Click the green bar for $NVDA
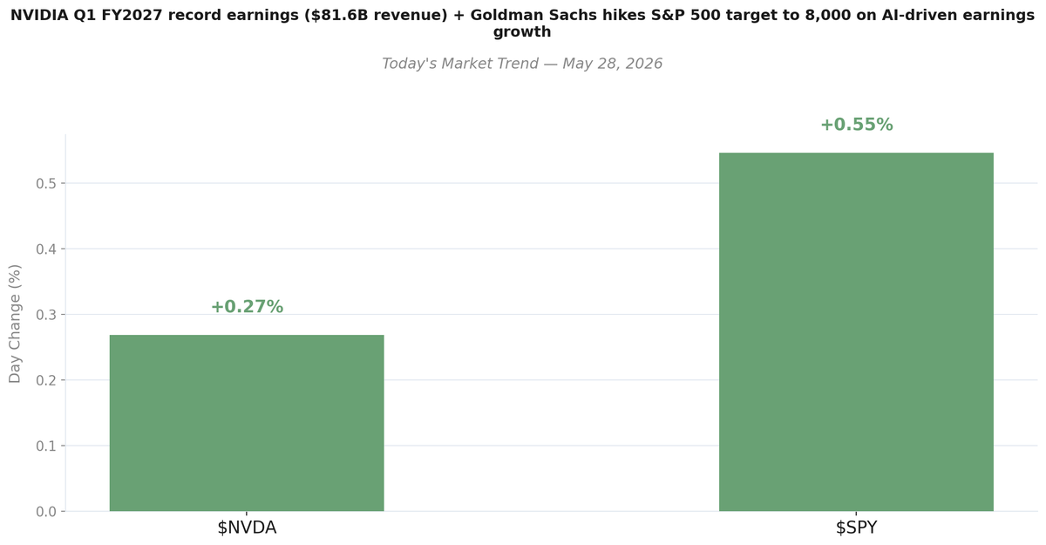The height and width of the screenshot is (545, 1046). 247,423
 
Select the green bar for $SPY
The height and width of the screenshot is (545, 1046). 856,331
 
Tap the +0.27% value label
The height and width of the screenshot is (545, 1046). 247,307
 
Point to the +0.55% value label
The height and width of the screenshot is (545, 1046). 856,125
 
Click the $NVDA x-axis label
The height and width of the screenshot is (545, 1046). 247,528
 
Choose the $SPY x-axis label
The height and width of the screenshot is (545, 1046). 856,528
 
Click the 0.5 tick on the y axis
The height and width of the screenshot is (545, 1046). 46,183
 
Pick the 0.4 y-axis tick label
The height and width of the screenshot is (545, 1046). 46,249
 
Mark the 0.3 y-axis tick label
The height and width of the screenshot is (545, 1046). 46,315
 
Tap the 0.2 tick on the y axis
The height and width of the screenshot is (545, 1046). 46,380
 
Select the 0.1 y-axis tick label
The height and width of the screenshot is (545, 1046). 46,446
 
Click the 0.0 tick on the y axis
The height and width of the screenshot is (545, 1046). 46,512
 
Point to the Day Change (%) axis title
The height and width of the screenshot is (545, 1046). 15,324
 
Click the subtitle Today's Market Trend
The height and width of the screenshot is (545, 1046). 460,64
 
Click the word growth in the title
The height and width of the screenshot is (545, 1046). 522,32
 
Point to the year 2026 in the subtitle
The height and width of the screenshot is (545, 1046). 643,64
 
